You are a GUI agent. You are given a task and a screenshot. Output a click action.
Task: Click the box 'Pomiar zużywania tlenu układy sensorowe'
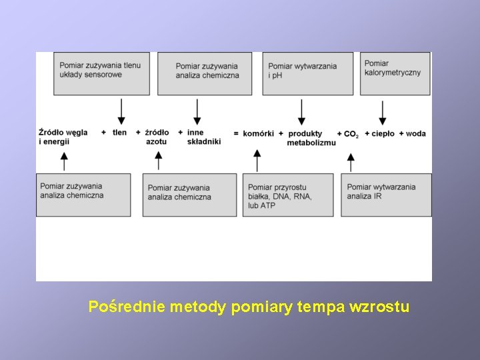pos(102,73)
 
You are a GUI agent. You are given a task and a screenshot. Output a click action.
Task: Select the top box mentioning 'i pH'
pos(307,73)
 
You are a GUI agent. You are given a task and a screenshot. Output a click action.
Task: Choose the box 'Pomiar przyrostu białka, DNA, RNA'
pos(288,195)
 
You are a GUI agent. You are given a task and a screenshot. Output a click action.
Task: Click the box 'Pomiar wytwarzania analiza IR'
pos(386,195)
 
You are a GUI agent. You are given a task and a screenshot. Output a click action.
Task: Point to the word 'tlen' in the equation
pos(119,133)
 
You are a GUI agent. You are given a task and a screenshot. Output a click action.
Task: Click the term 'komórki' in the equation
pos(259,133)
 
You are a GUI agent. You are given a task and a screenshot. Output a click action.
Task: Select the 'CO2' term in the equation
pos(351,134)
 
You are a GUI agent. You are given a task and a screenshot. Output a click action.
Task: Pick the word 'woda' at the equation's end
pos(415,133)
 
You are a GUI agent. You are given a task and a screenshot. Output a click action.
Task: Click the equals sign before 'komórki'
pos(236,133)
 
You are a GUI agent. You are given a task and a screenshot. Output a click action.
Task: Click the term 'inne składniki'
pos(203,137)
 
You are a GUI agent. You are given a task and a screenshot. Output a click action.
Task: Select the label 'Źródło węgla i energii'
pos(63,137)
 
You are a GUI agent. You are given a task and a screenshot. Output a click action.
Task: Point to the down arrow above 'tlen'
pos(121,111)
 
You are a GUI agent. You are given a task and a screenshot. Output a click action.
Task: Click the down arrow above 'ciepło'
pos(383,113)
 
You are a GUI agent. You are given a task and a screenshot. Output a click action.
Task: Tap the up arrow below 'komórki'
pos(257,161)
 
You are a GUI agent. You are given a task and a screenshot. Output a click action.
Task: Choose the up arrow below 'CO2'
pos(351,161)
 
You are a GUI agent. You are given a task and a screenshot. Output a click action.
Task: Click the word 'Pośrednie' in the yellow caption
pos(127,307)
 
